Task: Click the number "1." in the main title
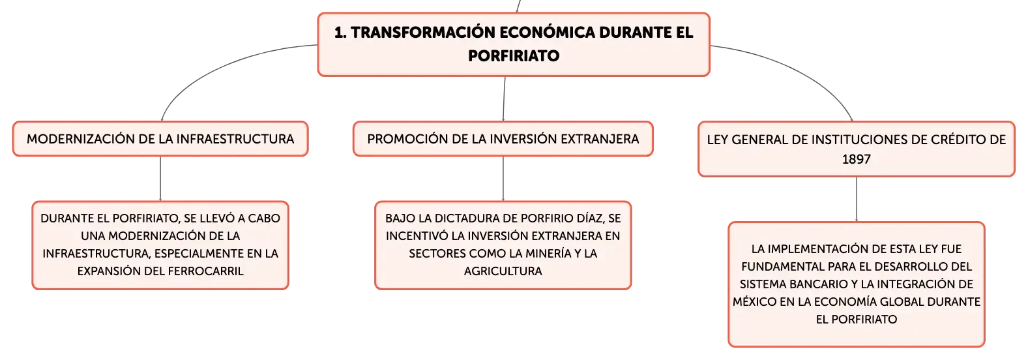340,33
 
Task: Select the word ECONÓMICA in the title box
546,33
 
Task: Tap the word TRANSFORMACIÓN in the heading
422,33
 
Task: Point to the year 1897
857,159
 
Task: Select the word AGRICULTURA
503,271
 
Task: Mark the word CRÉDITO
954,140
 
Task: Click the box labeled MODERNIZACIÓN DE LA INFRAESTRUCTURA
160,139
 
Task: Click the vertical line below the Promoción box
503,179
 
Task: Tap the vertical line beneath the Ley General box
857,200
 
